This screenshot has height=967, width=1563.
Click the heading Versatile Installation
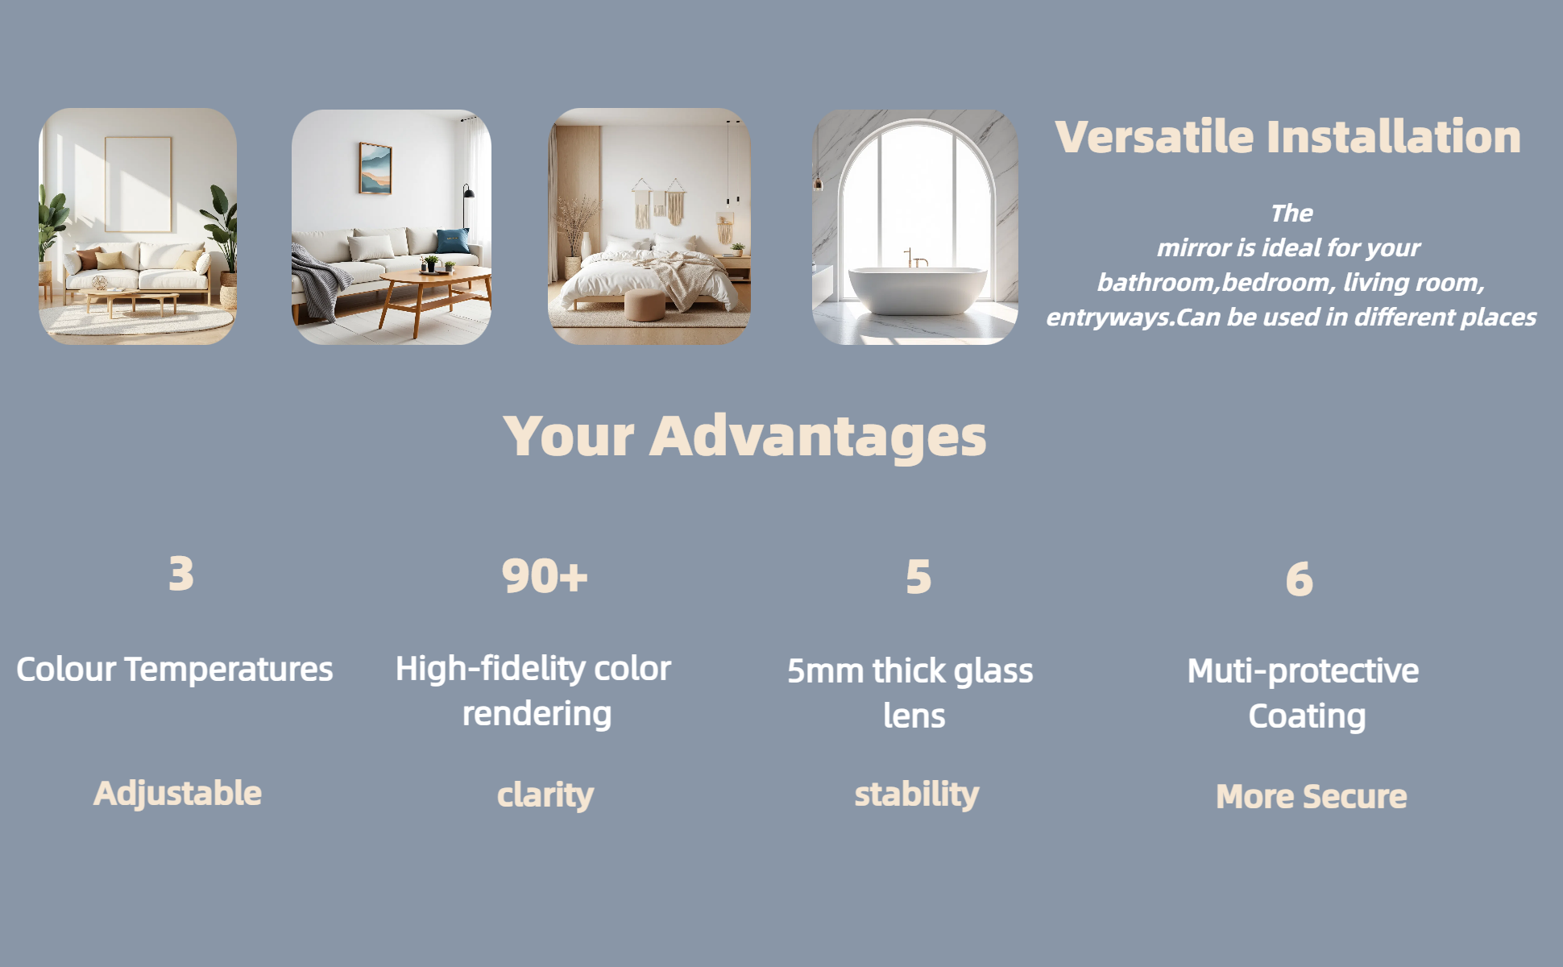click(x=1287, y=136)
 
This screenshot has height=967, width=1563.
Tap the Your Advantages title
click(x=744, y=436)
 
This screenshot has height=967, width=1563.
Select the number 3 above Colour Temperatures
click(x=181, y=574)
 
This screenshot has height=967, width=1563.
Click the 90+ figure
click(x=545, y=576)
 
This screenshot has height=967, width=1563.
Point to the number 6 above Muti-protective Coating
click(x=1299, y=579)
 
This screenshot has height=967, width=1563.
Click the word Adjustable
click(x=177, y=793)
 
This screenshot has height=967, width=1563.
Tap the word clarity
click(x=545, y=795)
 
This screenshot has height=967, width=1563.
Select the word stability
click(x=917, y=795)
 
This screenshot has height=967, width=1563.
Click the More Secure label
click(x=1311, y=796)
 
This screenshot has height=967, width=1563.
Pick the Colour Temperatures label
click(x=174, y=670)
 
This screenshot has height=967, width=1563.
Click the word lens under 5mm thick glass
click(x=914, y=716)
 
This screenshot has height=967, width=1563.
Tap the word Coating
click(x=1307, y=716)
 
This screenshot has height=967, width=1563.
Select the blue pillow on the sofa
click(x=451, y=241)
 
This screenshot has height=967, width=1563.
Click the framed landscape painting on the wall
click(x=375, y=168)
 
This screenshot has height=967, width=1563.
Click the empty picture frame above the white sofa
click(x=138, y=184)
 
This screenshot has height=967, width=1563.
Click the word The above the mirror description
click(x=1291, y=214)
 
